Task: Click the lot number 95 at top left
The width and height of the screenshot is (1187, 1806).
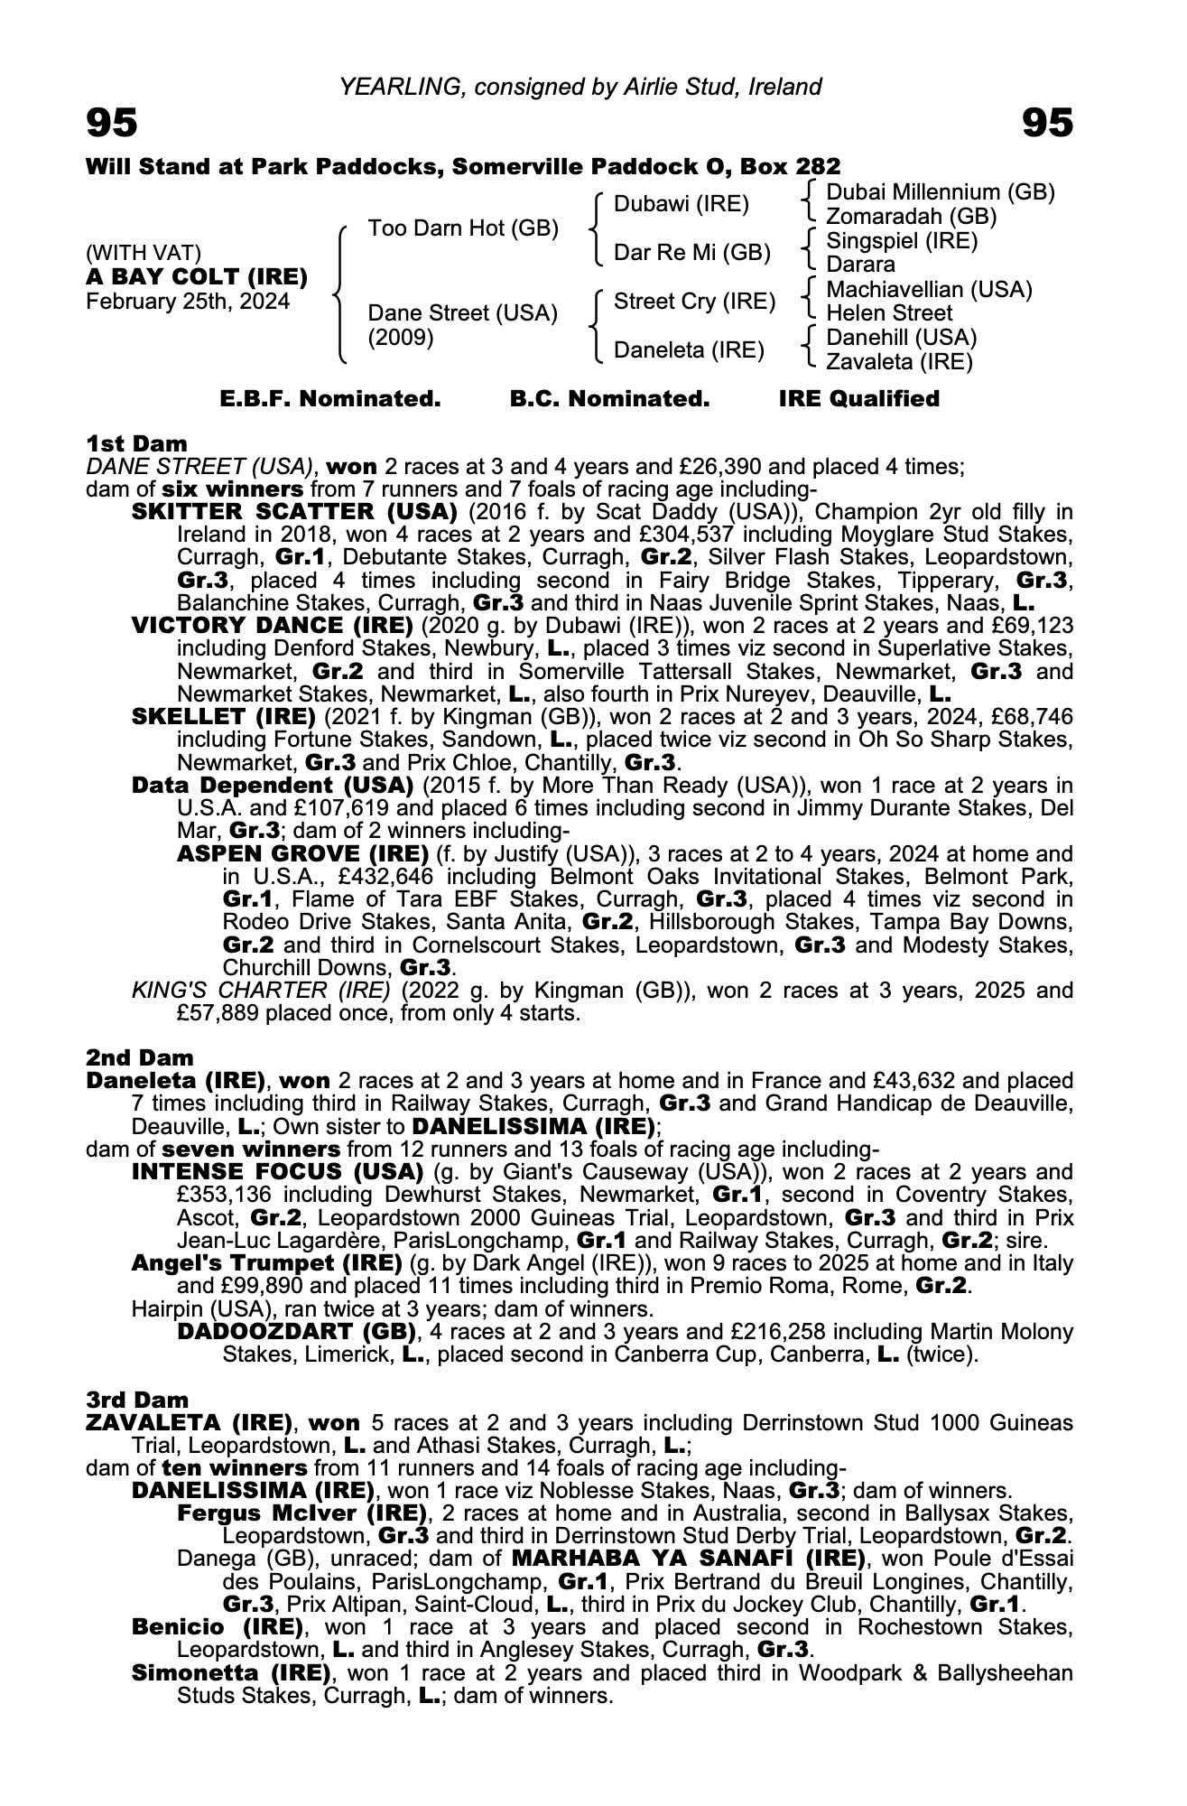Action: tap(112, 123)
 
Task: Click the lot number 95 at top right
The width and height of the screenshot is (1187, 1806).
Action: tap(1048, 123)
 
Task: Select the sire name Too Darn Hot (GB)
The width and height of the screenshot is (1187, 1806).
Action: tap(463, 228)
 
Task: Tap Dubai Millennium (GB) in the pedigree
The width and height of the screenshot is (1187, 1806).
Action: tap(940, 192)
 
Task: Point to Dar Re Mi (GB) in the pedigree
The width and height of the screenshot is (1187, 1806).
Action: tap(691, 253)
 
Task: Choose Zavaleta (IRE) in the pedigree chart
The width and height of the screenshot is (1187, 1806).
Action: tap(899, 362)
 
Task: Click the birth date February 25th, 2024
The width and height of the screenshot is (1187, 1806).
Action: tap(188, 302)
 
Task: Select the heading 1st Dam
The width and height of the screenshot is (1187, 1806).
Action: tap(136, 443)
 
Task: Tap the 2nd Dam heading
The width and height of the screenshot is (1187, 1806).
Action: tap(140, 1057)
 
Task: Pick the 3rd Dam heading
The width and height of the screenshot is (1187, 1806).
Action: tap(137, 1400)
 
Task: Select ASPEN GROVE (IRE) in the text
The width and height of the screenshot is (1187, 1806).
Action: tap(302, 853)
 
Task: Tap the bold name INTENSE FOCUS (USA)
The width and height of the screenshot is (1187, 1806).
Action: tap(277, 1172)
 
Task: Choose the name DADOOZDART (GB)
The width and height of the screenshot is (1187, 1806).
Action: tap(296, 1332)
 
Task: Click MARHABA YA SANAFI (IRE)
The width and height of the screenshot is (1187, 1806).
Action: tap(688, 1559)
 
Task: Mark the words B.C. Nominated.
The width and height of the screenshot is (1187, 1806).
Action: tap(609, 399)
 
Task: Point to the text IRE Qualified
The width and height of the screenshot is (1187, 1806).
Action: tap(858, 399)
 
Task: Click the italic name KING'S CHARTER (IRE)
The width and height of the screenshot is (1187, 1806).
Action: tap(261, 991)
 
